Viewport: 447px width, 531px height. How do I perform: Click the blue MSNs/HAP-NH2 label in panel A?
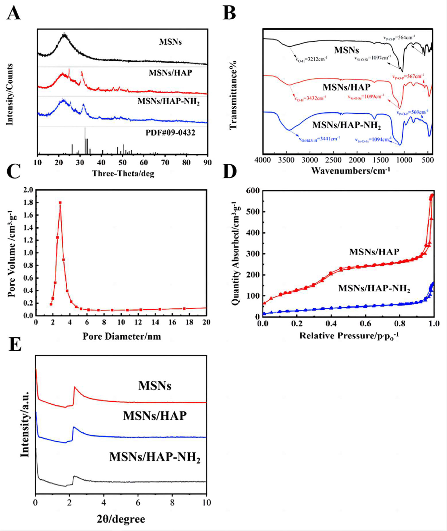(168, 102)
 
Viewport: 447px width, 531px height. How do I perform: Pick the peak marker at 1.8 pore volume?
(60, 203)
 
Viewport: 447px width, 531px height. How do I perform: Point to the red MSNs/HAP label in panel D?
(374, 252)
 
